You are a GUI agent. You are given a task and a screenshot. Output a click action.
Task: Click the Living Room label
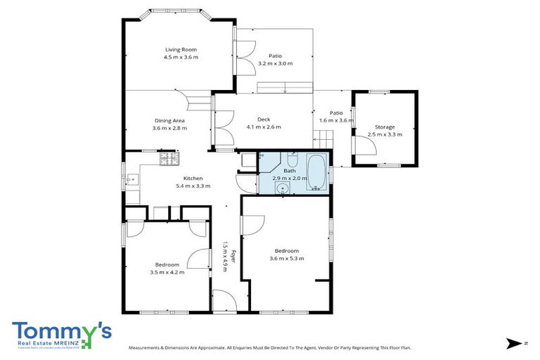point(181,49)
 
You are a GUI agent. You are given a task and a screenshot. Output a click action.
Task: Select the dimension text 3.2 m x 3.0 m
point(275,63)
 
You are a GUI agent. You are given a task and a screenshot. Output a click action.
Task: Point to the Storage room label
point(385,127)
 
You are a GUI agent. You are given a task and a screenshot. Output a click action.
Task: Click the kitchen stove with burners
point(169,160)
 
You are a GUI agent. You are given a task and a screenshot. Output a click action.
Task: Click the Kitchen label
point(193,178)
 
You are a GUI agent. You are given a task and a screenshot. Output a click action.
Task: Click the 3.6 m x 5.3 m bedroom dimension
point(286,258)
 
